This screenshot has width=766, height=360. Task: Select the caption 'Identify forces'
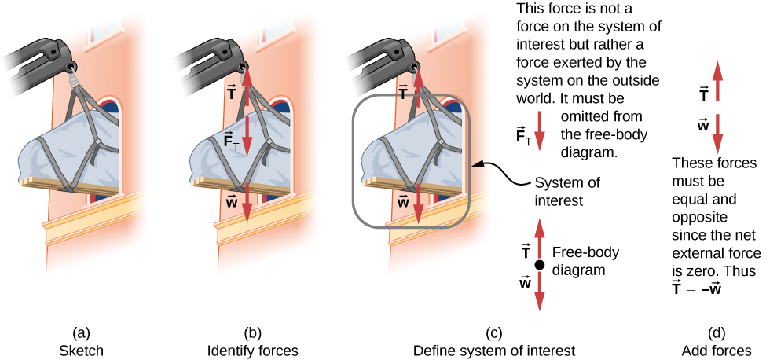click(245, 350)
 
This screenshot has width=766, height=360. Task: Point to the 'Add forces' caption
click(717, 350)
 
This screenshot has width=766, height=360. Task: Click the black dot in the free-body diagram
click(540, 265)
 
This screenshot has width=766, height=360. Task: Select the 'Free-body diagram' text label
click(585, 261)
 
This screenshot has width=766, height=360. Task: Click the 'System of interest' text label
click(567, 191)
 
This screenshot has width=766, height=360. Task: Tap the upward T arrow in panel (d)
click(717, 83)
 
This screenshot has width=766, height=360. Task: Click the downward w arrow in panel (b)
click(247, 202)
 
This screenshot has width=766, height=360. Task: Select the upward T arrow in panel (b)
click(247, 86)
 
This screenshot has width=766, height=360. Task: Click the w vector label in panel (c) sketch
click(403, 201)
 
